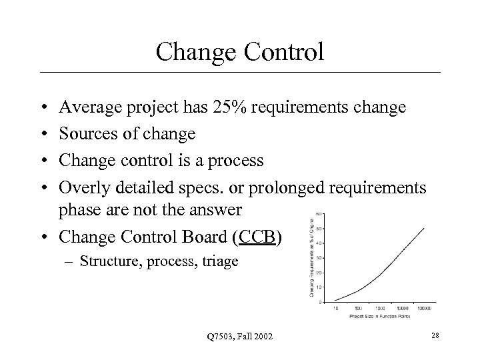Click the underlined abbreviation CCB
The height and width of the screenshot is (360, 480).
[258, 237]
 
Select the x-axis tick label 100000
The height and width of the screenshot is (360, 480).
[425, 308]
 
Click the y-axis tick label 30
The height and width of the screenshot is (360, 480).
[321, 257]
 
